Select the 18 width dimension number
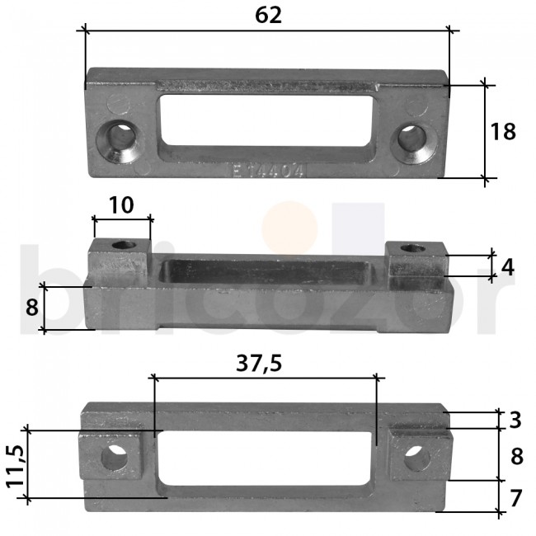click(503, 131)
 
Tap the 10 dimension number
click(122, 205)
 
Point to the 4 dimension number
click(508, 266)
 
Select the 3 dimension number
click(515, 420)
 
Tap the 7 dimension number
click(515, 498)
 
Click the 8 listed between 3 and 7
click(515, 457)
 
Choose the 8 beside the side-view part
click(32, 308)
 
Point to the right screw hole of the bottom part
click(416, 457)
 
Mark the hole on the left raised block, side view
click(125, 246)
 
